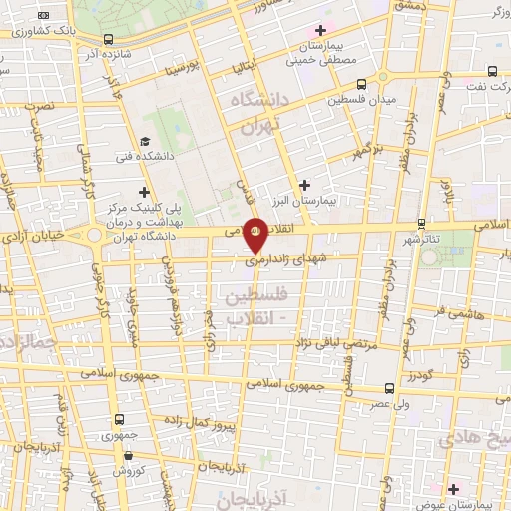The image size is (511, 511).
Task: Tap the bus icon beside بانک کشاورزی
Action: point(41,16)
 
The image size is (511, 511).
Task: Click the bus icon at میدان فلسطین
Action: point(361,85)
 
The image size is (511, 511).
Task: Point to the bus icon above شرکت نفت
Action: point(493,70)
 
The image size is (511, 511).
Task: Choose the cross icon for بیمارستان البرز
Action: point(305,184)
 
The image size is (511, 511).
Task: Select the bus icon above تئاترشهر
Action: point(422,224)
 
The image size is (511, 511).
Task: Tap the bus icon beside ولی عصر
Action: point(388,389)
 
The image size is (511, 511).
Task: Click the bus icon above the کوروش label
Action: point(120,420)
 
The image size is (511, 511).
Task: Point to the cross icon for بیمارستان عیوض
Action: point(453,488)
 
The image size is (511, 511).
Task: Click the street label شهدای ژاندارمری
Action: point(292,256)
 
